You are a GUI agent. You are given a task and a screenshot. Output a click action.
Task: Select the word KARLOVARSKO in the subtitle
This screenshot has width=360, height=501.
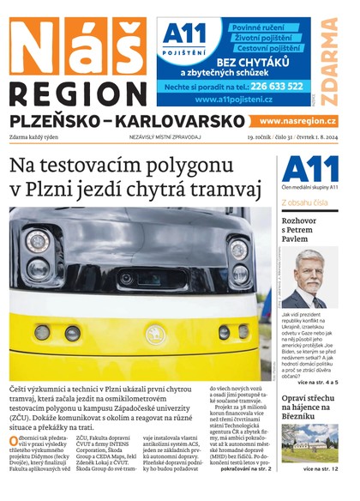tap(174, 122)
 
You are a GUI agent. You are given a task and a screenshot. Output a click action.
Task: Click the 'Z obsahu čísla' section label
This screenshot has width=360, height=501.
tap(304, 203)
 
